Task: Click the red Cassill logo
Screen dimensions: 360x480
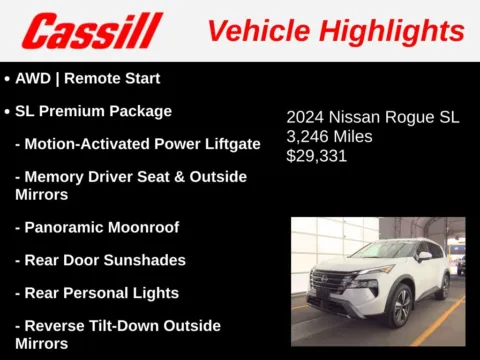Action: click(x=91, y=30)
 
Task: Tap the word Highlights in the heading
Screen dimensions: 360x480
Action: click(x=391, y=30)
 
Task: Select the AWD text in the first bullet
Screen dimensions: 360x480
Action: click(x=34, y=78)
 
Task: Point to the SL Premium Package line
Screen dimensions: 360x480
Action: click(x=93, y=111)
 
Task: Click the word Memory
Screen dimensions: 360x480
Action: click(x=57, y=177)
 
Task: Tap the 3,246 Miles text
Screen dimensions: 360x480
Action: click(x=329, y=137)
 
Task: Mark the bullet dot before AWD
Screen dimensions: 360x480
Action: click(x=8, y=79)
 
